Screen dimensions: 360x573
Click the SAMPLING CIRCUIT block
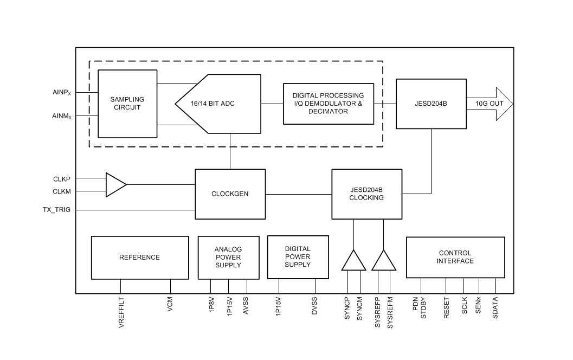(127, 104)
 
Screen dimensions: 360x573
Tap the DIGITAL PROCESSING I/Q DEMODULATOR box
(328, 104)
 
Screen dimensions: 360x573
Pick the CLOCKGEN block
(230, 194)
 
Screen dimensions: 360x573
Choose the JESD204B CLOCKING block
(367, 194)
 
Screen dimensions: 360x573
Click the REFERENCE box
(139, 257)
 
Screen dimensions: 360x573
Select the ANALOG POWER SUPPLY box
(228, 257)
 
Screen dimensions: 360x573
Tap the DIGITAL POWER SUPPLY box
(298, 256)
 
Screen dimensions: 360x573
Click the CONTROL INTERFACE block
(455, 257)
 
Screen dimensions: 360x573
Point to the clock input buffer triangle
(114, 184)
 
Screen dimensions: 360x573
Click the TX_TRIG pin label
(57, 209)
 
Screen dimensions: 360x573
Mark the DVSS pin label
(314, 307)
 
